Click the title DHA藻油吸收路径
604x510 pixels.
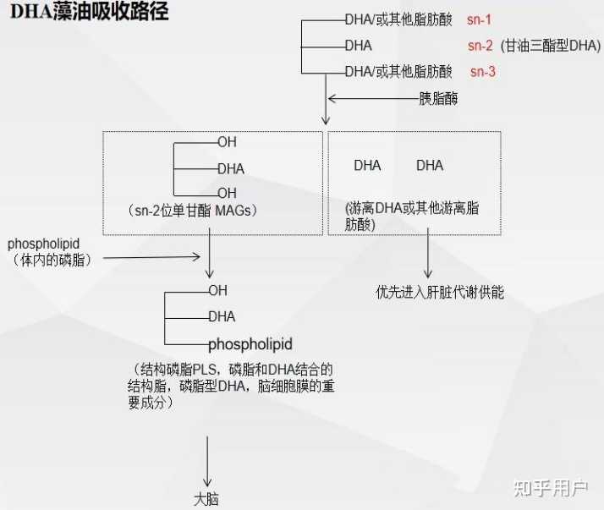(x=89, y=13)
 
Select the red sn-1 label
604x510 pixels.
(x=480, y=19)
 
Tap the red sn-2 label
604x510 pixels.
(x=480, y=46)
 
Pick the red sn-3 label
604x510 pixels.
(x=483, y=72)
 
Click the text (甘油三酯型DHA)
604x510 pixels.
(x=551, y=46)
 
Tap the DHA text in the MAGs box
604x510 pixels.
(x=230, y=168)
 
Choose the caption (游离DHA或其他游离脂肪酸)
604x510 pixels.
(x=412, y=216)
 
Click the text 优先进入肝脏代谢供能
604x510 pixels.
(x=440, y=292)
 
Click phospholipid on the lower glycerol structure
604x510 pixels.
(x=250, y=344)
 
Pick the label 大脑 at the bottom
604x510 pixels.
(x=206, y=499)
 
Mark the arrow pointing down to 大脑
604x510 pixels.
(x=206, y=461)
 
